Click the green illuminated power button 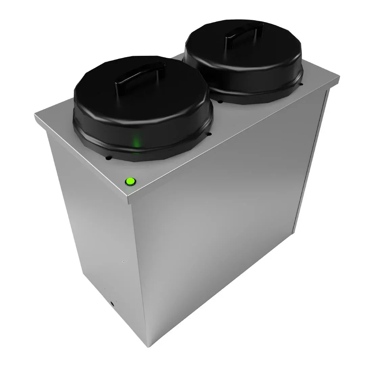click(x=130, y=182)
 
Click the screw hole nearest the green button click(x=109, y=158)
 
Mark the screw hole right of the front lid click(x=210, y=134)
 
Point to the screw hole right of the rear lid click(x=301, y=84)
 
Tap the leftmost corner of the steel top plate click(x=35, y=115)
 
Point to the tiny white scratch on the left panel click(x=124, y=261)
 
